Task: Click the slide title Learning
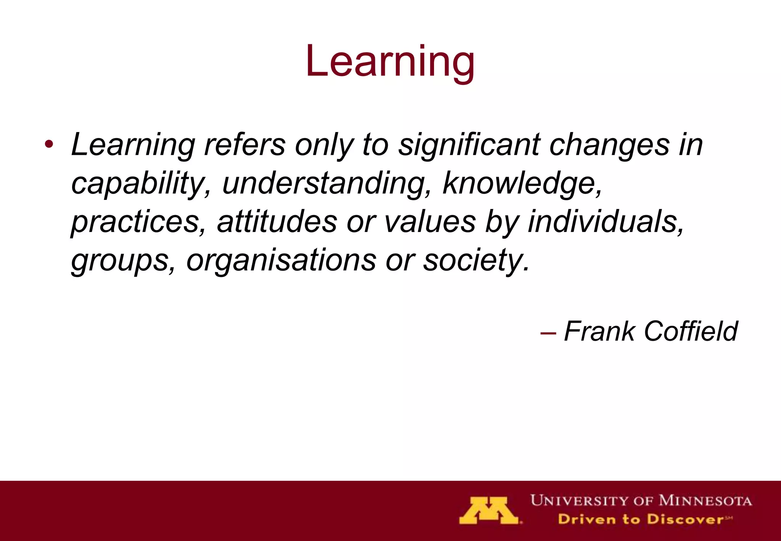[390, 61]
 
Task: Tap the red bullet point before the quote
[48, 145]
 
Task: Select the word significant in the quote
[469, 145]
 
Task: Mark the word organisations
[281, 260]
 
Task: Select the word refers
[244, 145]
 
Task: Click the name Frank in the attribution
[599, 331]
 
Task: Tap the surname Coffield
[691, 331]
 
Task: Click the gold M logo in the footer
[489, 510]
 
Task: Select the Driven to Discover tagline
[644, 519]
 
